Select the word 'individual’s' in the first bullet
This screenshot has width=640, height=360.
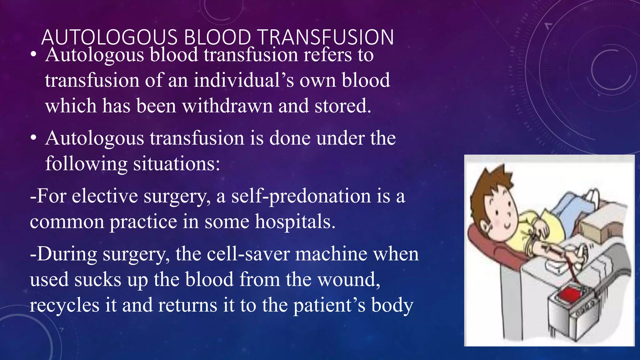(243, 80)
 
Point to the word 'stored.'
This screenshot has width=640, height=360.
(343, 106)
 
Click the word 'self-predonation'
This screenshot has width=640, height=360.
(301, 196)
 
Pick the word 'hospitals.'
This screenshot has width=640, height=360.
(295, 222)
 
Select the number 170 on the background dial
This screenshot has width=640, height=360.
(510, 71)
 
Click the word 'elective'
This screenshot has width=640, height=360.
(105, 196)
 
